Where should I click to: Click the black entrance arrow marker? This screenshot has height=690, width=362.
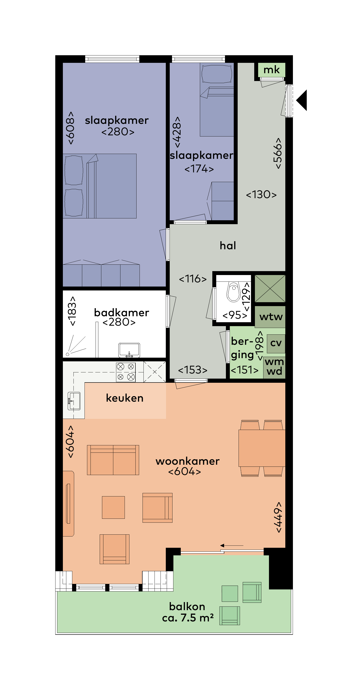(x=302, y=100)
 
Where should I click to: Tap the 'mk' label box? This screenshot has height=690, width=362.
(x=271, y=70)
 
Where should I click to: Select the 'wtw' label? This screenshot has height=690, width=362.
(x=271, y=317)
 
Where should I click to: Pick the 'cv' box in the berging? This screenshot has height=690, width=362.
(x=276, y=343)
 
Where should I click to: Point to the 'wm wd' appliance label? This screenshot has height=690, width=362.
(x=274, y=366)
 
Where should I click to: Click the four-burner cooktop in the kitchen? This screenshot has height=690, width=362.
(x=126, y=372)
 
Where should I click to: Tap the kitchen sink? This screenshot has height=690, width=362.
(x=74, y=401)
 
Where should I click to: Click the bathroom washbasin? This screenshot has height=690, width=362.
(x=129, y=350)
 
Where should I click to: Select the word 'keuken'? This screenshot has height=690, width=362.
(x=125, y=398)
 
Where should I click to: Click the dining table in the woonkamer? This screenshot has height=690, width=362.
(x=262, y=448)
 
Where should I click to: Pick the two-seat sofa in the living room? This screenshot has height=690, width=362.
(x=113, y=460)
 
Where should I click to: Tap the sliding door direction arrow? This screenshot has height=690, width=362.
(x=232, y=545)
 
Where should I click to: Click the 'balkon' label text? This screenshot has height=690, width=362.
(x=187, y=606)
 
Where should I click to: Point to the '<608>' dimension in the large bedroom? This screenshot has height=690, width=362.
(x=70, y=128)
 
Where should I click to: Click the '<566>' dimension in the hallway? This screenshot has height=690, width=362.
(x=277, y=153)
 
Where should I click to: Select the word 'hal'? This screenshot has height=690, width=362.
(x=228, y=245)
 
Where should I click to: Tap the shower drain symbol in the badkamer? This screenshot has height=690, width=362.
(x=67, y=354)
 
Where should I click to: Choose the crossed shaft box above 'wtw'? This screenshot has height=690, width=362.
(x=270, y=288)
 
